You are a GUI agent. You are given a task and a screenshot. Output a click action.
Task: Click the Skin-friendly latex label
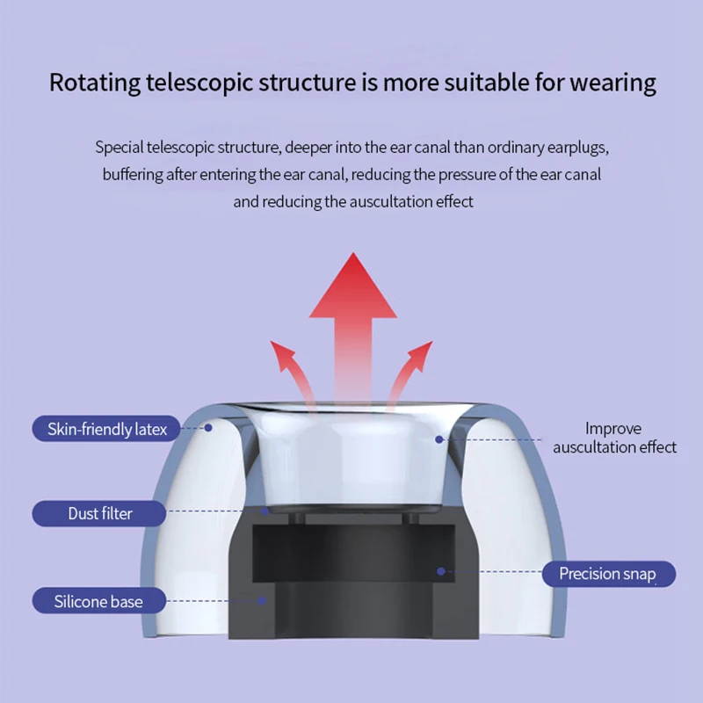coord(99,430)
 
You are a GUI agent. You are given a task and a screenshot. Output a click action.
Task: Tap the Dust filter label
coord(99,513)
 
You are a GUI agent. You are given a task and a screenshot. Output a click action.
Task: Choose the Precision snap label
coord(607,574)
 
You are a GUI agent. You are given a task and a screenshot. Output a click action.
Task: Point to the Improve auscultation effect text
coord(614,438)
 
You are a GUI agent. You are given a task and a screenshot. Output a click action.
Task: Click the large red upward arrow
coord(353,316)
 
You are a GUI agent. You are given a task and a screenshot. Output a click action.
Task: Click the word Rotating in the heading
coord(94,83)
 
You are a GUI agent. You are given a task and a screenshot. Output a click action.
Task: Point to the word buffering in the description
coord(133,174)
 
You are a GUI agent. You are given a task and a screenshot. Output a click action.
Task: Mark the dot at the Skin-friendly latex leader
coord(209,428)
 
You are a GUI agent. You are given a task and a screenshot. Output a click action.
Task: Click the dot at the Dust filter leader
coord(265,511)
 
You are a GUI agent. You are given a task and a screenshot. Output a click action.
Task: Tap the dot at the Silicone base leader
coord(262,601)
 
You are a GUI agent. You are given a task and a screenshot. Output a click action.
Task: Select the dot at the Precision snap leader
coord(441,571)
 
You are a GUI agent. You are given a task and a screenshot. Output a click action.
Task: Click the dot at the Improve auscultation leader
coord(437,437)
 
